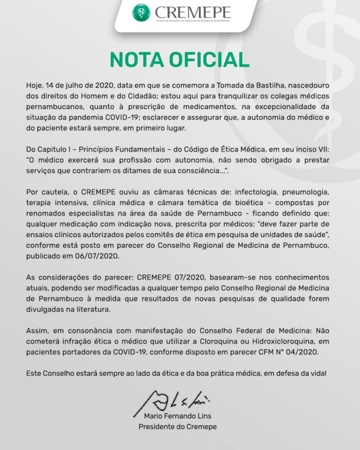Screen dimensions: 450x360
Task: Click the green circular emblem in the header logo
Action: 141,12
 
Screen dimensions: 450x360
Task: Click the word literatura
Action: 111,309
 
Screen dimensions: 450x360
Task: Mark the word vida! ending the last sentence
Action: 317,374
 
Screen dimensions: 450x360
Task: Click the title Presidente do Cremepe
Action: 178,427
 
